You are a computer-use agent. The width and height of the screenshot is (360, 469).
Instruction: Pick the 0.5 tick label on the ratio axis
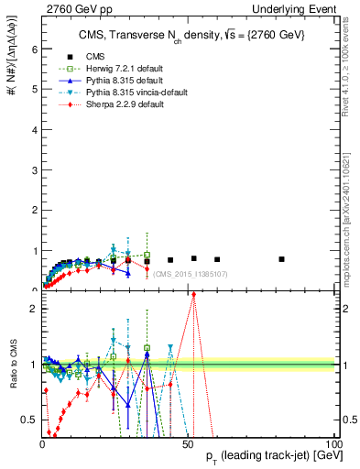29,420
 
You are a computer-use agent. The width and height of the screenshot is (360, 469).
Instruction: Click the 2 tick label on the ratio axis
33,309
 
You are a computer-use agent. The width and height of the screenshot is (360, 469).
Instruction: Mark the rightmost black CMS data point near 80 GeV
281,259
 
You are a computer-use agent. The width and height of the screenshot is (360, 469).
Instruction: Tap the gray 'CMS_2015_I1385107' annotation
190,274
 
